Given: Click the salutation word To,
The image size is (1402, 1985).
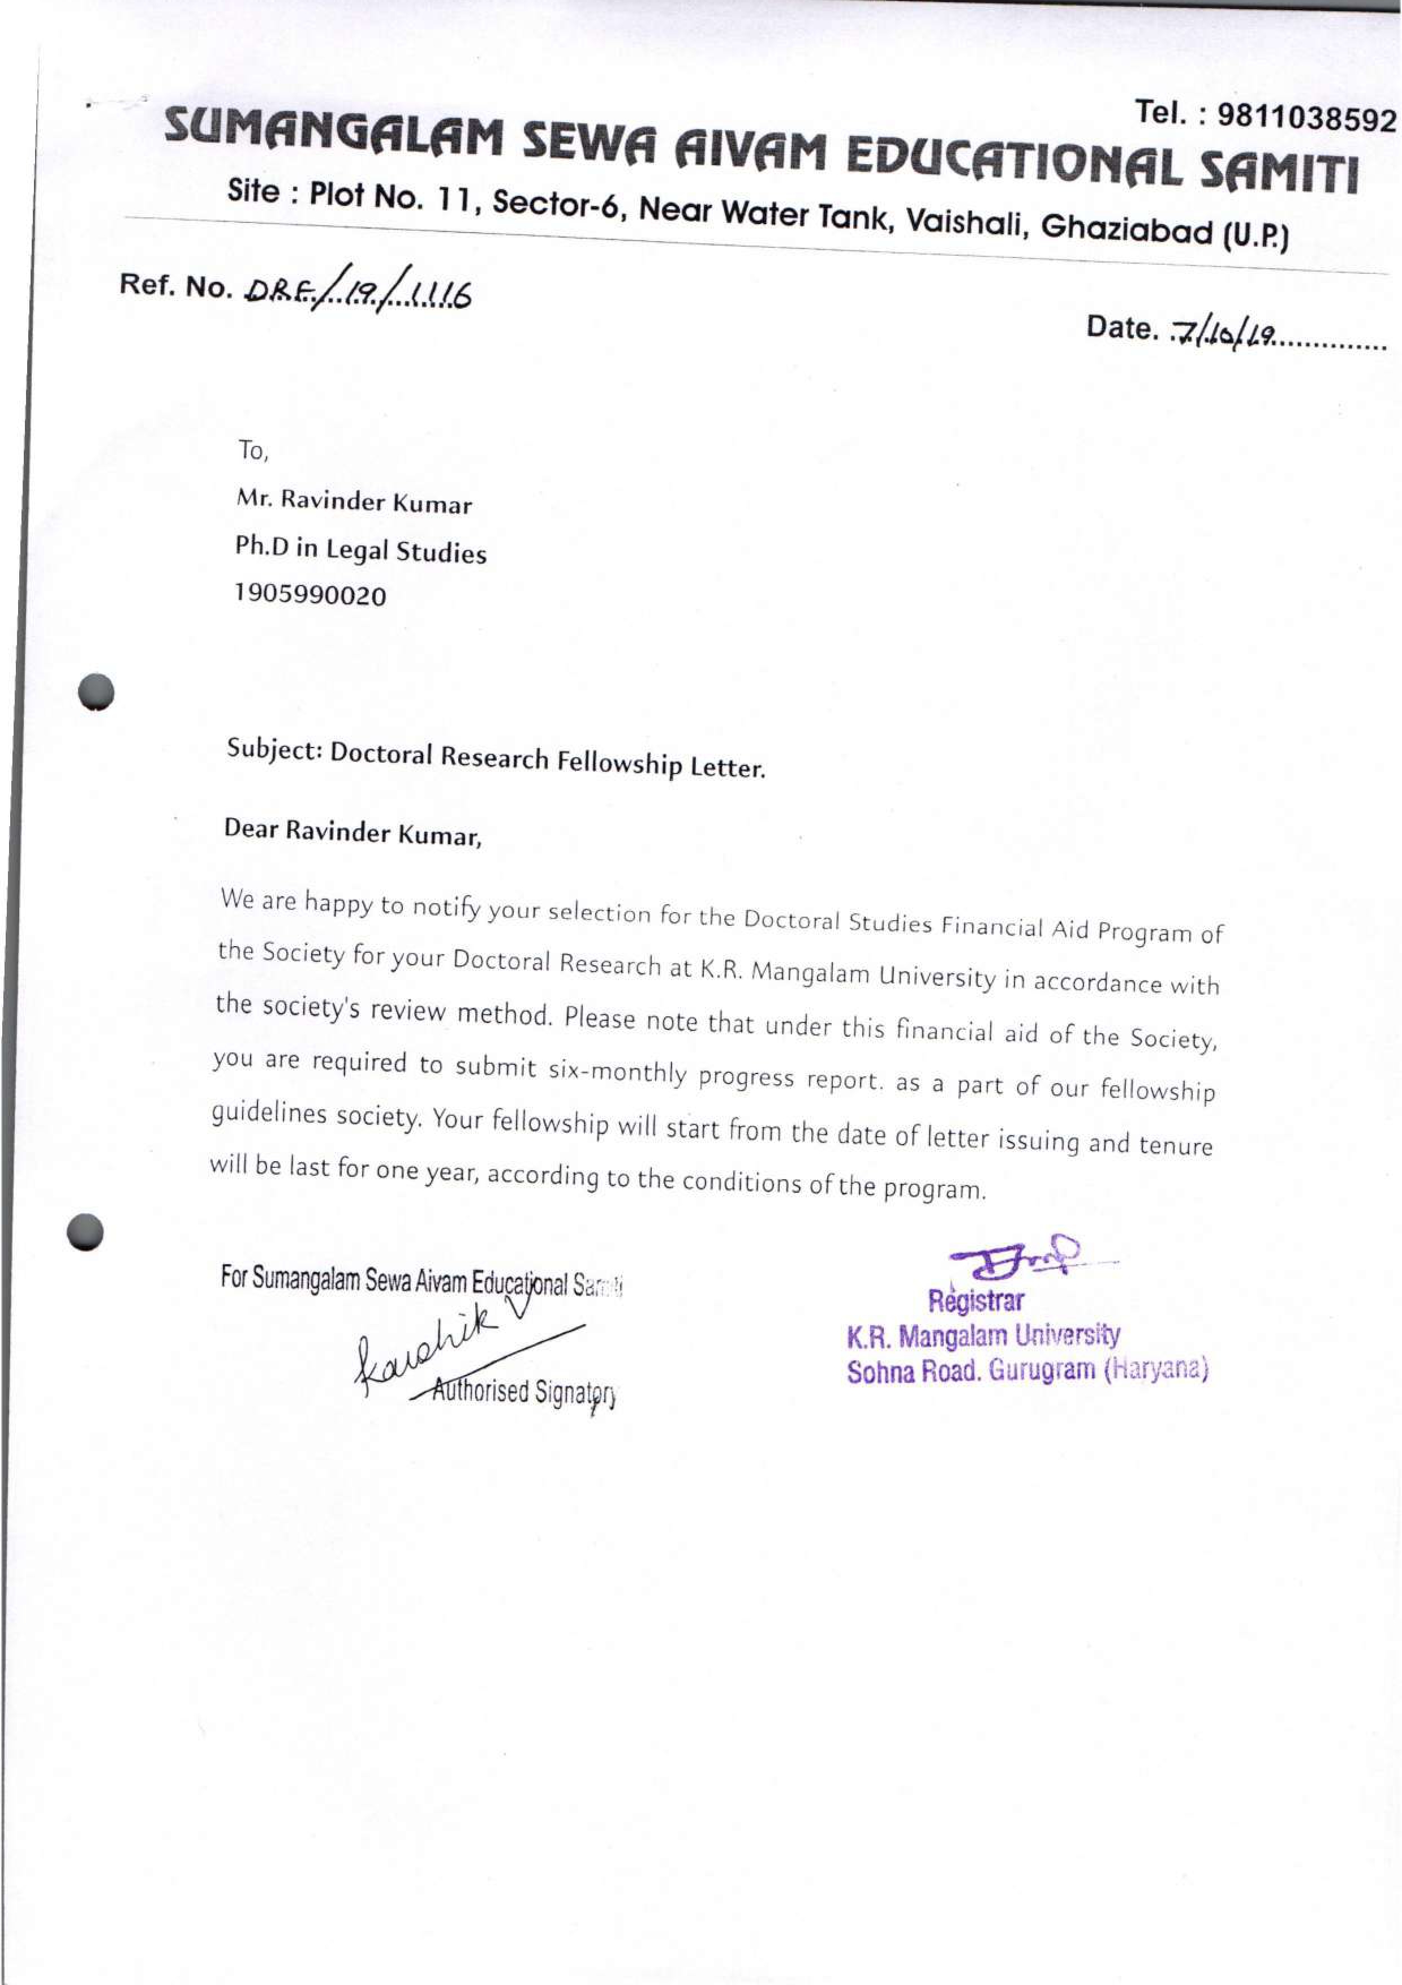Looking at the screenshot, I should pyautogui.click(x=254, y=450).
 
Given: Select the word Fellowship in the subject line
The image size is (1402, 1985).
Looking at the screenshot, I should pyautogui.click(x=619, y=763).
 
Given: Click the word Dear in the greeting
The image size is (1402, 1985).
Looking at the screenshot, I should pyautogui.click(x=251, y=828).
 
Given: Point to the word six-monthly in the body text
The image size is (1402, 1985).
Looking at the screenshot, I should pyautogui.click(x=617, y=1072).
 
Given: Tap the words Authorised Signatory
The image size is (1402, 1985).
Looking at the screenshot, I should pyautogui.click(x=524, y=1392).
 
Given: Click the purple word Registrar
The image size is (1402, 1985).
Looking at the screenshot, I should pyautogui.click(x=975, y=1300).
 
